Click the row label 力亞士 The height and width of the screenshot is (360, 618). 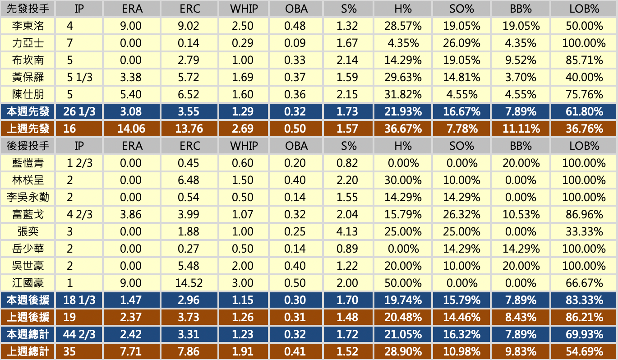[x=28, y=43]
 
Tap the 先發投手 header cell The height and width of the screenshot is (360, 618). [x=28, y=9]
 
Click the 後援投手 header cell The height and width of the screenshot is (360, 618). [x=28, y=146]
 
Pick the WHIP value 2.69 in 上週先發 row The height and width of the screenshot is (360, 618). [x=242, y=129]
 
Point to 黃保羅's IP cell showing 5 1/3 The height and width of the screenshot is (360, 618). [x=79, y=77]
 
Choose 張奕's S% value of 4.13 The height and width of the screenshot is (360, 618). [x=347, y=231]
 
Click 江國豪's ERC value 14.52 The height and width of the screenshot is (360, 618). [x=189, y=283]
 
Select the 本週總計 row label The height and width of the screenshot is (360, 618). [x=28, y=334]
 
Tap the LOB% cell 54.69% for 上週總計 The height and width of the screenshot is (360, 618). [x=584, y=351]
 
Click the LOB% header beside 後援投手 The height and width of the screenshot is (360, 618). [x=584, y=146]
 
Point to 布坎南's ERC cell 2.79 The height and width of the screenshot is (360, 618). [x=189, y=60]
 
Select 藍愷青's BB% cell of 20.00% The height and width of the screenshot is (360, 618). [x=521, y=163]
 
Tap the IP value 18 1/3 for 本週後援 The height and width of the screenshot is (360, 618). [x=79, y=300]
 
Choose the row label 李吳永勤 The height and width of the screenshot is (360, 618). [x=28, y=197]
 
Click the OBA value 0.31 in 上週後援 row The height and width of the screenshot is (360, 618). [x=295, y=317]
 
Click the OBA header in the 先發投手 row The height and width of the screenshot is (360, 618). [x=295, y=9]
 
